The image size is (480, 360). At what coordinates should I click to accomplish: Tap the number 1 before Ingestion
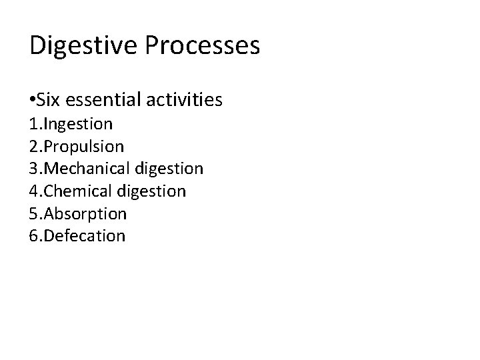34,124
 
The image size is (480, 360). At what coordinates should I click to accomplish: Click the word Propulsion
83,146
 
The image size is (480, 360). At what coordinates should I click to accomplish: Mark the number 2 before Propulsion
34,146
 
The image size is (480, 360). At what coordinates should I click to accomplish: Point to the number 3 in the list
34,169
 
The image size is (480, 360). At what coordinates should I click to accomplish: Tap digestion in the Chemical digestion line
153,191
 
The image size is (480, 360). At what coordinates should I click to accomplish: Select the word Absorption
86,213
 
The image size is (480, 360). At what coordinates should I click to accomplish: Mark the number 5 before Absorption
34,213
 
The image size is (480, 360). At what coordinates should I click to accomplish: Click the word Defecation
85,235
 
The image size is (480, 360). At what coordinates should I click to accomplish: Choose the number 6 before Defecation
34,235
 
